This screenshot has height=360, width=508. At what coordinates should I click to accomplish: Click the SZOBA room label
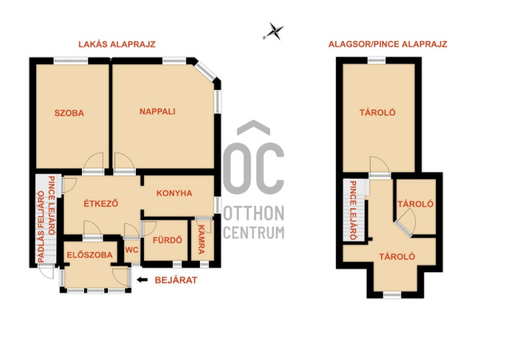(x=69, y=113)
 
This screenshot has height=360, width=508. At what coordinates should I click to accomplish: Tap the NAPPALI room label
(x=158, y=112)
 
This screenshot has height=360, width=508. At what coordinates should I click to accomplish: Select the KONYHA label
(x=174, y=193)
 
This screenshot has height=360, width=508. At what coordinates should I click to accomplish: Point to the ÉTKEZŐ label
(x=101, y=203)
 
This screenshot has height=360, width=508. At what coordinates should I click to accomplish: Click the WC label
(x=132, y=250)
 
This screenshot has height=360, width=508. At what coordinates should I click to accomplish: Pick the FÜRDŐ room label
(x=167, y=240)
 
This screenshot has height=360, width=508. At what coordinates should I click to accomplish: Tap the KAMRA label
(x=201, y=239)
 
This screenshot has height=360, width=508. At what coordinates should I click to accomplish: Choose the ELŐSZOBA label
(x=90, y=255)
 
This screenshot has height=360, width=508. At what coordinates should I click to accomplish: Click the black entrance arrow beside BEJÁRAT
(x=142, y=279)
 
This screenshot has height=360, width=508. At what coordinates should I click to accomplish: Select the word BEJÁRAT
(x=176, y=280)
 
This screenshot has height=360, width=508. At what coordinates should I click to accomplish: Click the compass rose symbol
(x=275, y=32)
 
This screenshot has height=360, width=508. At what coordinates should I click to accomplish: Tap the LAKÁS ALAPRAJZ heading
(x=117, y=44)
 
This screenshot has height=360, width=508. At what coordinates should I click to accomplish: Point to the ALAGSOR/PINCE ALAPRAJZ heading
(x=388, y=44)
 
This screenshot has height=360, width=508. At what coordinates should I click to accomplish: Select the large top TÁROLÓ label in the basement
(x=378, y=112)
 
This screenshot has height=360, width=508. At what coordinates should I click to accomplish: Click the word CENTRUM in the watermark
(x=254, y=233)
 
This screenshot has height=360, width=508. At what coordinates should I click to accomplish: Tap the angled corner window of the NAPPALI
(x=206, y=71)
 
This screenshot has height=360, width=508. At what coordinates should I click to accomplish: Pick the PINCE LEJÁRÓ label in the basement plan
(x=353, y=210)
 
